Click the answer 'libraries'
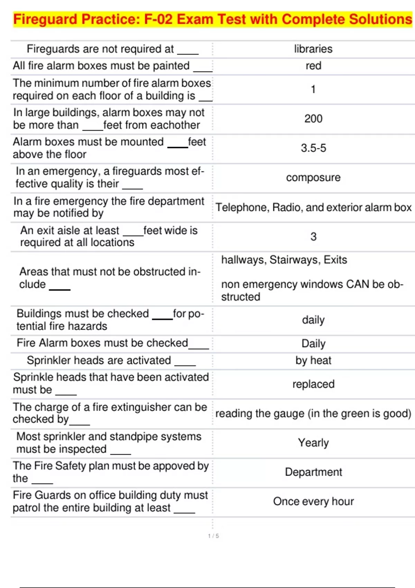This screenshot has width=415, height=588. [x=313, y=49]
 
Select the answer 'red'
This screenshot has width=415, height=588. [x=313, y=66]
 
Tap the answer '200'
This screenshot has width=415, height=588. [x=313, y=119]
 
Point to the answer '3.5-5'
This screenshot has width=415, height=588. [x=313, y=148]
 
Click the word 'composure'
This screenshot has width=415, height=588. [x=313, y=178]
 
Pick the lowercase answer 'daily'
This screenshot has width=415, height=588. [x=313, y=320]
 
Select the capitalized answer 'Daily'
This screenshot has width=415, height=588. [x=313, y=344]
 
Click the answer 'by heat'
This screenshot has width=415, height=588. [x=313, y=360]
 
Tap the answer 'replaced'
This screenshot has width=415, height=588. [x=313, y=384]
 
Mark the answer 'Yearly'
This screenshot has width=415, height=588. [x=313, y=443]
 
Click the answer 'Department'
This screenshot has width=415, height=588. [x=313, y=472]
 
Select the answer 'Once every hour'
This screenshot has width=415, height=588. [x=313, y=502]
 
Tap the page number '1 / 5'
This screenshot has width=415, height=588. [x=213, y=536]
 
